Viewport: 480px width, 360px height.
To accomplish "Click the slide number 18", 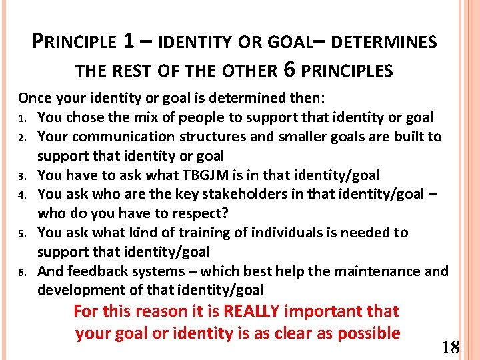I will click(451, 347).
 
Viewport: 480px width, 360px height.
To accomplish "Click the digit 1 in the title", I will click(131, 41).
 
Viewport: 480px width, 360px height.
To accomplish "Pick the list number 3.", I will click(21, 177).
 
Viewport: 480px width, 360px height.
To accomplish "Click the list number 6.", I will click(21, 273).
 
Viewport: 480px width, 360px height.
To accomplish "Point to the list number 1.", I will click(21, 119).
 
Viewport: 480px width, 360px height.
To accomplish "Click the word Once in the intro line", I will click(36, 99).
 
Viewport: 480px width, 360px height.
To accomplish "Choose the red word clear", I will click(287, 333).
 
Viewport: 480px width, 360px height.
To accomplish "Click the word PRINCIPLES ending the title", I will click(352, 70).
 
